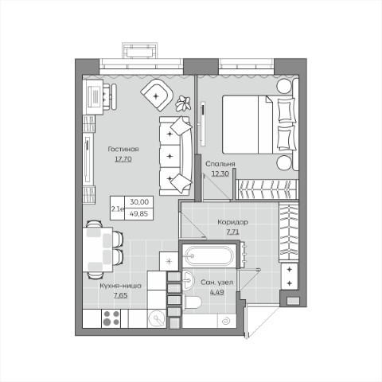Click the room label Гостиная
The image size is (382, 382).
[123, 149]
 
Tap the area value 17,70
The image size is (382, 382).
[123, 159]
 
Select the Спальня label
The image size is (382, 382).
[220, 164]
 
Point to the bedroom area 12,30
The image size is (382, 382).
[220, 173]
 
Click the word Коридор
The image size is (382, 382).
[232, 222]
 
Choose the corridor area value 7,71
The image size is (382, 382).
[232, 232]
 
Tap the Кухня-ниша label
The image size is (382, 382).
[121, 286]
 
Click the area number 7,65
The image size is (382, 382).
[121, 295]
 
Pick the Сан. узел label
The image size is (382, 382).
[217, 283]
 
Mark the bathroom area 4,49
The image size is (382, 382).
[217, 292]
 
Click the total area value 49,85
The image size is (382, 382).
[138, 214]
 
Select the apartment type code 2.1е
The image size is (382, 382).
[118, 209]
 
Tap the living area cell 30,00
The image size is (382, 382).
[139, 202]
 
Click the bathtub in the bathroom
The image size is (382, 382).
[209, 256]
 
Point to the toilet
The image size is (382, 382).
[193, 302]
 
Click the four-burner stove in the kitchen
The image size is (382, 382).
[111, 318]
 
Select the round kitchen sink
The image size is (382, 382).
[157, 318]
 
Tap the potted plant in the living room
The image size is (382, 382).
[183, 103]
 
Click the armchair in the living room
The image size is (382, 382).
[157, 95]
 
